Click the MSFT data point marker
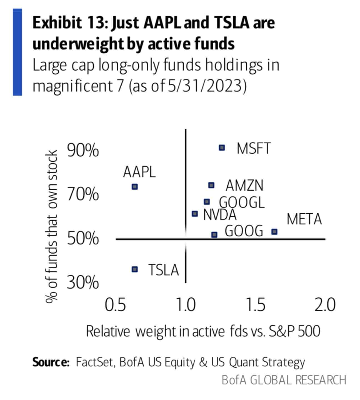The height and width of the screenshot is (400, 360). pos(222,147)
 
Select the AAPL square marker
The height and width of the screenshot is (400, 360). pos(135,187)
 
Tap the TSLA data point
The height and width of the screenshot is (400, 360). pos(135,269)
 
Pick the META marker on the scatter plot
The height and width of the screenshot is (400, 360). pos(274,231)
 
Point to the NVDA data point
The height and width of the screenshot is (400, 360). pos(195,214)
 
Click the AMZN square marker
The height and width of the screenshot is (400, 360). pos(211,185)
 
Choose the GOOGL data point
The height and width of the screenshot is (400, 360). pos(207,202)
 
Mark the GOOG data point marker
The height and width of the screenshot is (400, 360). pos(214,235)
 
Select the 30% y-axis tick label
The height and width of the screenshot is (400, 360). pos(83,282)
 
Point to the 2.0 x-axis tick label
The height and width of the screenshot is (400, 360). pos(325,304)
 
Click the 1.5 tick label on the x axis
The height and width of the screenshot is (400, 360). pos(256,304)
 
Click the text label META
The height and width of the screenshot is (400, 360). pos(304,219)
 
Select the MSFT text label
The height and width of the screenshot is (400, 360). pos(254,148)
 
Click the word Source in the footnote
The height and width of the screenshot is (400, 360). pos(50,362)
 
